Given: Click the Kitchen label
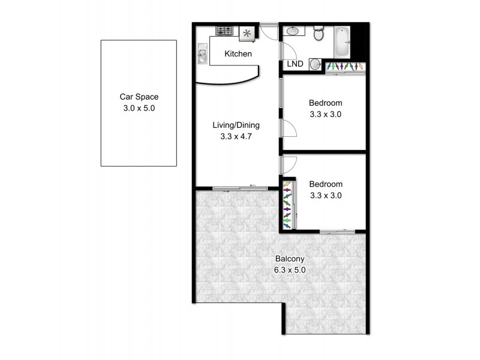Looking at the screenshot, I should pos(238,54).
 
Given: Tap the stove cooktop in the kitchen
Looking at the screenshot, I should pos(226,31).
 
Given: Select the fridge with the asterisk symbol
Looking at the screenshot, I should pos(247,34).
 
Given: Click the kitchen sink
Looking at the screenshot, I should pos(203,56).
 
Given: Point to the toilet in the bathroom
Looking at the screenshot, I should pos(319,34).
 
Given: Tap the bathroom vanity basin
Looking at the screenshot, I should pos(292,32).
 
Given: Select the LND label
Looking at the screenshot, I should pos(295,64).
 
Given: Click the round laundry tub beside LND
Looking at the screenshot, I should pos(315,65).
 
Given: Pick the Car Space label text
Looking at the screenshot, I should pos(139,97).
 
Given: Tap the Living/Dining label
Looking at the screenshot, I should pos(236,125).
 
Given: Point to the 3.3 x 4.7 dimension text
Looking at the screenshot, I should pos(236,136).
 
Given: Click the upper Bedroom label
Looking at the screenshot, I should pos(325,103).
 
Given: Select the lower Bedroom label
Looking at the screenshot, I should pos(325,184).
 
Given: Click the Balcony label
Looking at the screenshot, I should pos(290,259).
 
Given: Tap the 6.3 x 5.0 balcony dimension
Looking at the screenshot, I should pos(290,270).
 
